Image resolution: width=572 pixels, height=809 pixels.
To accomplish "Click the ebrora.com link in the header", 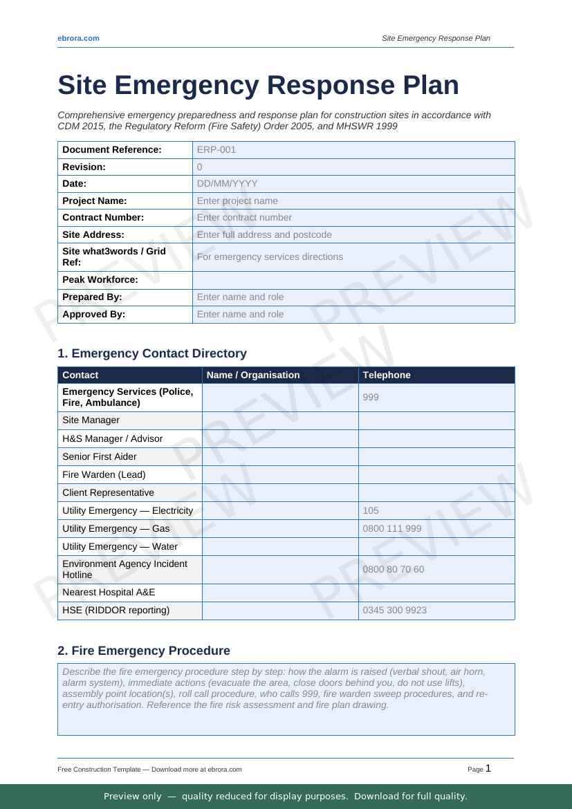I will (x=78, y=38).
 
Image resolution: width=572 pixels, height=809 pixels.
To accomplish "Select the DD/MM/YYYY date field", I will (x=227, y=183).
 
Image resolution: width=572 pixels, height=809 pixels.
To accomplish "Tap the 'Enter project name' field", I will (x=237, y=201).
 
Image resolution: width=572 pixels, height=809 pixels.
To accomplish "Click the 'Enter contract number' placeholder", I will (x=244, y=217).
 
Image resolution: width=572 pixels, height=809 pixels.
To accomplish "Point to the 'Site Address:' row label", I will (x=93, y=234).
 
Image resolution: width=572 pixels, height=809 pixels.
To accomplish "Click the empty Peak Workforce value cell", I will (x=353, y=280).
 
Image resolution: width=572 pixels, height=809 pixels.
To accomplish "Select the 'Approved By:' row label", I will (x=94, y=314).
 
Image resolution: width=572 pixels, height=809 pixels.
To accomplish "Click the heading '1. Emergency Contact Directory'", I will (x=152, y=353).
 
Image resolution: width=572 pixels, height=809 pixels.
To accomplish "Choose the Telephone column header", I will (x=387, y=375).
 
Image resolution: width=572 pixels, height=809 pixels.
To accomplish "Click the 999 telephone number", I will (x=371, y=398).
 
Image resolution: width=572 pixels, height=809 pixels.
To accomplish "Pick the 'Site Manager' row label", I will (x=91, y=420).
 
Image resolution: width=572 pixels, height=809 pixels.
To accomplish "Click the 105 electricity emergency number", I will (x=371, y=510).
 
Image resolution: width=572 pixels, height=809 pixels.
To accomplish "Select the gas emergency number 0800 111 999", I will (x=391, y=528).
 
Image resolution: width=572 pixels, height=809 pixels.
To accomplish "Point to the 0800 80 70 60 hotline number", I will (x=393, y=570).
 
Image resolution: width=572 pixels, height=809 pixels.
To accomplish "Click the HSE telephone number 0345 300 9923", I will (x=394, y=611).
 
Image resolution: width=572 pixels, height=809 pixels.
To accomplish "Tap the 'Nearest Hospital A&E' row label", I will (x=109, y=593).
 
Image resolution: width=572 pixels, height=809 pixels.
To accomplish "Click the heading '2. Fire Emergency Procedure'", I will (x=144, y=651).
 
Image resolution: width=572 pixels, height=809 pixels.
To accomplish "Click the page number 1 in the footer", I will (x=488, y=768).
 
